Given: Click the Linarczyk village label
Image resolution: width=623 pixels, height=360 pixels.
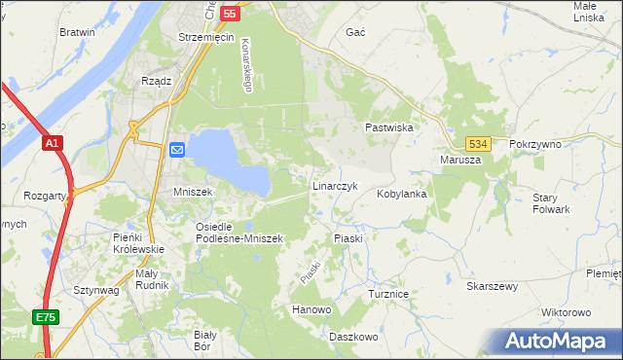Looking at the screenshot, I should click(x=336, y=185).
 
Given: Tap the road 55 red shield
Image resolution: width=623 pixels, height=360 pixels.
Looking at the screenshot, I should click(x=230, y=14).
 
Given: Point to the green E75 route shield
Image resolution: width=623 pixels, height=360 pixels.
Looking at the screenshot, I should click(x=45, y=317).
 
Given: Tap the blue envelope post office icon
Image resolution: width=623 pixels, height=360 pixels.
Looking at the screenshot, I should click(x=177, y=149).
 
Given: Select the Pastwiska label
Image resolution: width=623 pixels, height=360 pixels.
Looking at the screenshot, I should click(x=390, y=127).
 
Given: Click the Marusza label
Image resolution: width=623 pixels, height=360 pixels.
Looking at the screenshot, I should click(x=460, y=160).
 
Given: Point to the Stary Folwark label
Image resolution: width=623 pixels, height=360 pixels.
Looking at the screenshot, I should click(x=551, y=203).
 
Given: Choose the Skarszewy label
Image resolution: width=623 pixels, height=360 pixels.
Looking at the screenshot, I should click(x=492, y=287).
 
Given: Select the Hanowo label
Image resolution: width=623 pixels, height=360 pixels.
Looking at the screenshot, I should click(x=312, y=309).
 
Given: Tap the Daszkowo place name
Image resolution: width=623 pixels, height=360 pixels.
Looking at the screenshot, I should click(x=352, y=337).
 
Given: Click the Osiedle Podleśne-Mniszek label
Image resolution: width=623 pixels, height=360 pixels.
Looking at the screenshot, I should click(x=238, y=233).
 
